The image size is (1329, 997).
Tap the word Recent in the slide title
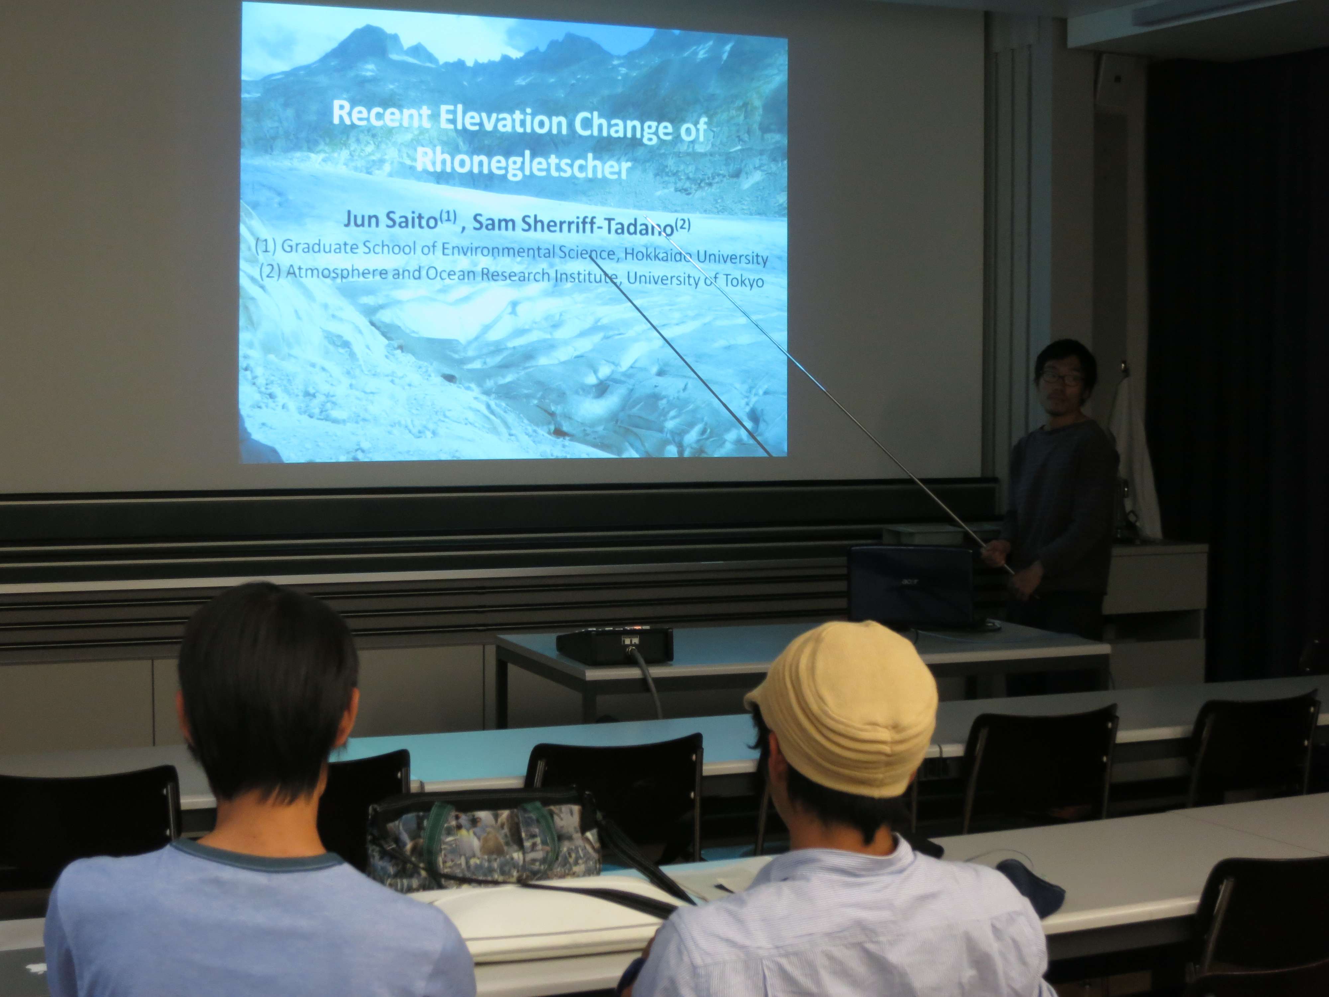point(381,114)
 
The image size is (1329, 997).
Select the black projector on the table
point(614,644)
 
